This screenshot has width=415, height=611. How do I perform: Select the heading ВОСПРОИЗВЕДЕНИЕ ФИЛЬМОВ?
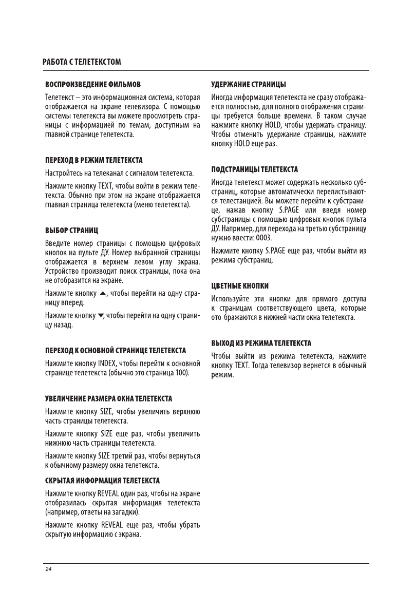(93, 84)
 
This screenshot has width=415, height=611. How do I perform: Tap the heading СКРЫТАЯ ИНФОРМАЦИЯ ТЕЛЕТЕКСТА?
(102, 481)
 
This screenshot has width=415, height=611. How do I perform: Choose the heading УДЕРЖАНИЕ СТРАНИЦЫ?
(249, 84)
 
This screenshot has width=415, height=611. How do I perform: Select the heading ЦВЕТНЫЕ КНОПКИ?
(240, 285)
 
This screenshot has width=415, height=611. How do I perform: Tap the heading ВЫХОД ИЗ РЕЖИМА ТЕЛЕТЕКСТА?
(261, 342)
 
